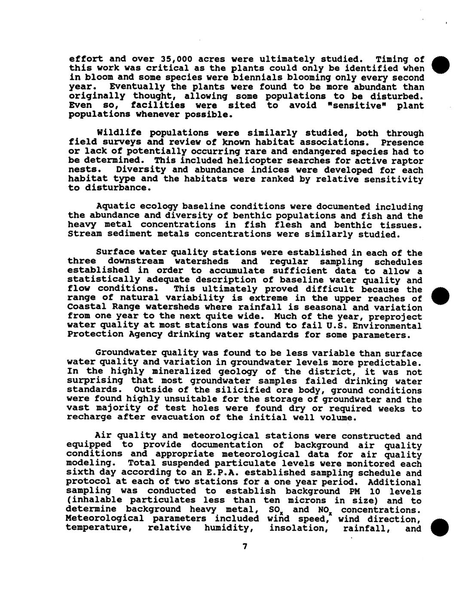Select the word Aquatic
point(114,207)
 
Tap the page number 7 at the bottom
point(245,546)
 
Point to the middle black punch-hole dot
point(441,296)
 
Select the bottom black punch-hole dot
point(441,528)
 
